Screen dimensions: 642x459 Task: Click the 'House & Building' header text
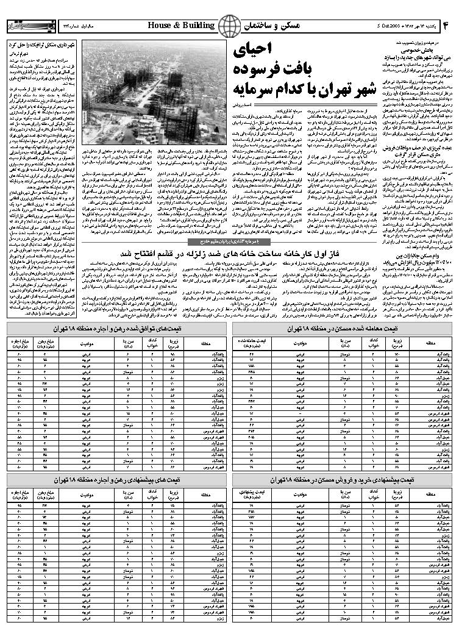coord(181,25)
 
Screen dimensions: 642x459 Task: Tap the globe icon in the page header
coord(229,26)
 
